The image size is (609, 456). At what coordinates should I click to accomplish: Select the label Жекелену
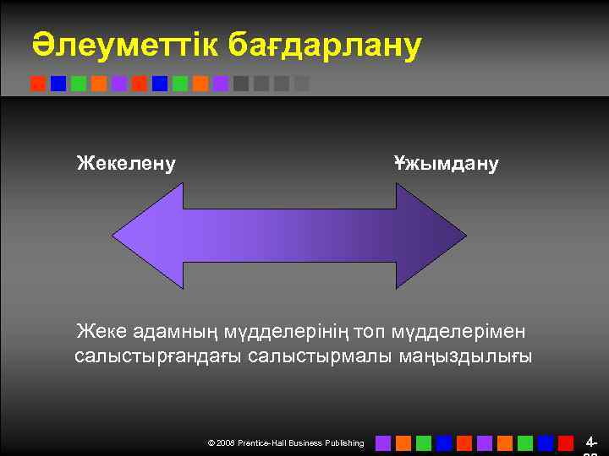click(126, 162)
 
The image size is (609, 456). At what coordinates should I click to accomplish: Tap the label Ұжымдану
click(446, 162)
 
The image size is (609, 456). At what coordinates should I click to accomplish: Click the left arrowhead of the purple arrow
click(148, 236)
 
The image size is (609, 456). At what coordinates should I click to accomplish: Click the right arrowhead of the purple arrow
click(431, 236)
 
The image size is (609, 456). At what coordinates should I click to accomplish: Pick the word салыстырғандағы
click(158, 356)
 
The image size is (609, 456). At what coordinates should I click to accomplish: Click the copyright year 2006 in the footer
click(227, 442)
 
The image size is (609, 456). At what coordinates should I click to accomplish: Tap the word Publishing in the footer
click(343, 442)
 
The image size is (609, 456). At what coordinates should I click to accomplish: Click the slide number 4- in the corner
click(591, 442)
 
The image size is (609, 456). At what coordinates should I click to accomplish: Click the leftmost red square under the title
click(38, 84)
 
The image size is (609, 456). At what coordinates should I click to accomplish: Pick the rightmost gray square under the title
click(302, 84)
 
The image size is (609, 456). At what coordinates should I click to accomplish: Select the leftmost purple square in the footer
click(383, 442)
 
